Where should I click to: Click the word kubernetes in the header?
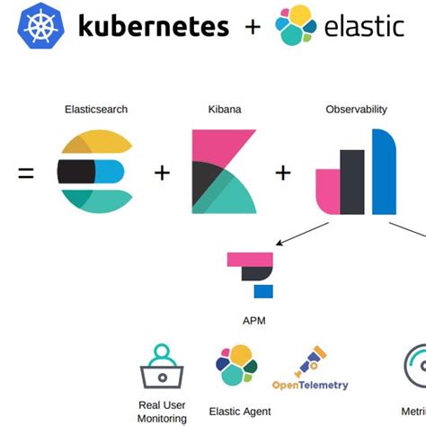tap(153, 26)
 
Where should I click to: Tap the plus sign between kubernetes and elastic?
tap(253, 27)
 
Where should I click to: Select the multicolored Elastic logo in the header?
tap(297, 26)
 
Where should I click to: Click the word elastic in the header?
tap(365, 25)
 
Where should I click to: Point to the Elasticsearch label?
tap(96, 110)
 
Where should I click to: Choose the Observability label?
tap(356, 110)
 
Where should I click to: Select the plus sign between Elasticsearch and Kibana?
tap(162, 172)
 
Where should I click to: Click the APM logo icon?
tap(253, 273)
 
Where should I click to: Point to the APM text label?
tap(253, 320)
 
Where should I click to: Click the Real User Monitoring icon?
tap(162, 367)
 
